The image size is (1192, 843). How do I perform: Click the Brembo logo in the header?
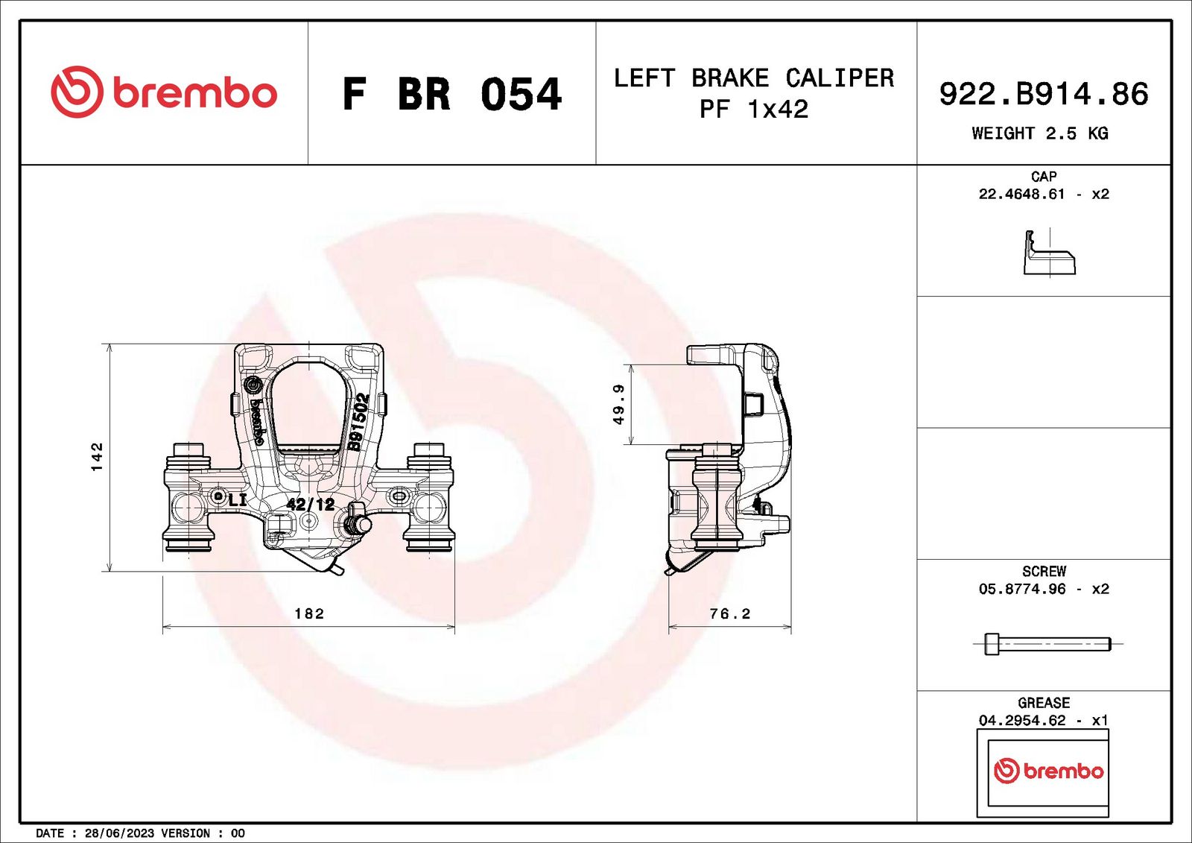point(164,92)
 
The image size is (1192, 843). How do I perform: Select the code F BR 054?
point(451,94)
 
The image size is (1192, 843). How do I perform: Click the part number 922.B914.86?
point(1044,94)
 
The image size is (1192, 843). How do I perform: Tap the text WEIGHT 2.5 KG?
point(1040,133)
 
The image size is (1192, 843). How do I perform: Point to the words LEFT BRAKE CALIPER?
point(754,78)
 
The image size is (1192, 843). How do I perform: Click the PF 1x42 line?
point(753,110)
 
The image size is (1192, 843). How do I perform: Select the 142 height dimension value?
point(97,456)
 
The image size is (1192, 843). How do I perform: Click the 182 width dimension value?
point(309,613)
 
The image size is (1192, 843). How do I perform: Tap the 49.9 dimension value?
point(618,405)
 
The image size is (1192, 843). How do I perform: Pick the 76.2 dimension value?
point(729,613)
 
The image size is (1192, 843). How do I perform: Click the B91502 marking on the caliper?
point(358,423)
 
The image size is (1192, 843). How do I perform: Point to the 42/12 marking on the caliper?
point(310,504)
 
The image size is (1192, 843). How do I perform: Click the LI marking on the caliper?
point(238,500)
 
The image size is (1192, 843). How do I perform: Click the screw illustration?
point(1047,644)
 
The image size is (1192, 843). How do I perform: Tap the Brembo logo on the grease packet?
point(1048,771)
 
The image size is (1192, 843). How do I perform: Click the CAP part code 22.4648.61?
point(1021,195)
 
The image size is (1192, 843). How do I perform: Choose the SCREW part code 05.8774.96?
point(1022,589)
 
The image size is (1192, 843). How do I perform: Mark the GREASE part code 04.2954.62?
point(1022,721)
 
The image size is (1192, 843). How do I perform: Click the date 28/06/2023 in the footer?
point(120,833)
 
